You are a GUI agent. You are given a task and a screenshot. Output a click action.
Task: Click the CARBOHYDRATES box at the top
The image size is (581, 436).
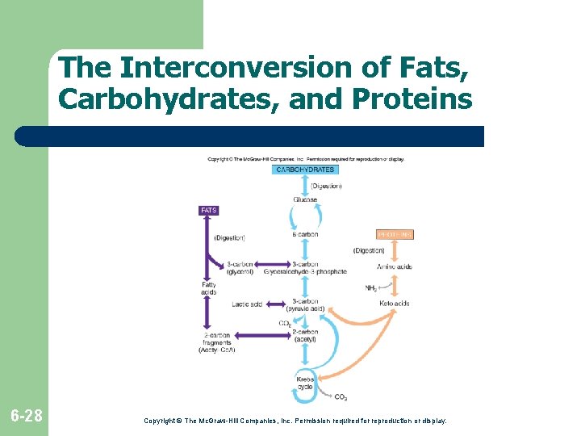tap(305, 170)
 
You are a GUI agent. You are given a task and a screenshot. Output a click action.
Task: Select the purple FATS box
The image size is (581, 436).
tap(208, 210)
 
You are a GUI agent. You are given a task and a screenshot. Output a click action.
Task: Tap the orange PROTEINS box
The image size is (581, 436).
tap(395, 234)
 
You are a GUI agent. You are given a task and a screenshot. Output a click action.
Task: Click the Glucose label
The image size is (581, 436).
tap(305, 199)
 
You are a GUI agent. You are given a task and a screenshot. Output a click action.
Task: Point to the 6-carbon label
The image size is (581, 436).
tap(305, 234)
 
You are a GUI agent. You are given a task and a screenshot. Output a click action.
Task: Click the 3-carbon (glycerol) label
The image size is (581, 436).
tap(240, 268)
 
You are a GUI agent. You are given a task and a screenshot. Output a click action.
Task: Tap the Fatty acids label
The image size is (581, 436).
tap(209, 288)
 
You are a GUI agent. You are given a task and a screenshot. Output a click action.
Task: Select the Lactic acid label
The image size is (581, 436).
tap(246, 304)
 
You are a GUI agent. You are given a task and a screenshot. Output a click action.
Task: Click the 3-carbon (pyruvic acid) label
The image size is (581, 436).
tap(305, 304)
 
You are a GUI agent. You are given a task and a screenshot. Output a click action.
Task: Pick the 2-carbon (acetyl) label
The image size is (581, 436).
tap(305, 334)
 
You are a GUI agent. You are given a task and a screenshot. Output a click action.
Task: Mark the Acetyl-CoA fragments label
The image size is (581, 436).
tap(216, 342)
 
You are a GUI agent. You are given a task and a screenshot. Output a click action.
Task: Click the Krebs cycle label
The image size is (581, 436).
tap(305, 383)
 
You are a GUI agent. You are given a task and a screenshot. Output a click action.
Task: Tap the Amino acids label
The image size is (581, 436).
tap(395, 266)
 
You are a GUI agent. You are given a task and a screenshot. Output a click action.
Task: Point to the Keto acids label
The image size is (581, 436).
tap(395, 304)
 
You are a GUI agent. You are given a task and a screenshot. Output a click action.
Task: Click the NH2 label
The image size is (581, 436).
tap(371, 288)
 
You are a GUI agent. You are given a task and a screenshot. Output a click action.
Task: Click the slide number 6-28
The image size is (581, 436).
tap(26, 417)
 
